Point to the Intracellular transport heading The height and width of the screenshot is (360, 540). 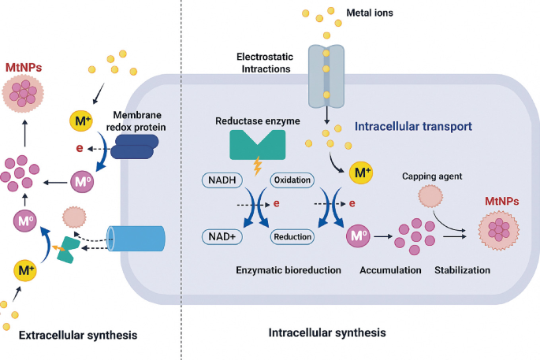click(413, 125)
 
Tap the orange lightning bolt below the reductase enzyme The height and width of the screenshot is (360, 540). click(257, 166)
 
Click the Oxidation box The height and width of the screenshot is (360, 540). click(292, 180)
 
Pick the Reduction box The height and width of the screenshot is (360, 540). click(292, 236)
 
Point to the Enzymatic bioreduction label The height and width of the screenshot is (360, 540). click(289, 270)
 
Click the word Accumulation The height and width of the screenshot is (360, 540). click(389, 270)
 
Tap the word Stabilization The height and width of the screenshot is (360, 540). click(462, 270)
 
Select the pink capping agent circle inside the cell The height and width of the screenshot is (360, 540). click(430, 197)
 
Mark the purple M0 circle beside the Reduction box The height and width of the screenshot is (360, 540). click(357, 236)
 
